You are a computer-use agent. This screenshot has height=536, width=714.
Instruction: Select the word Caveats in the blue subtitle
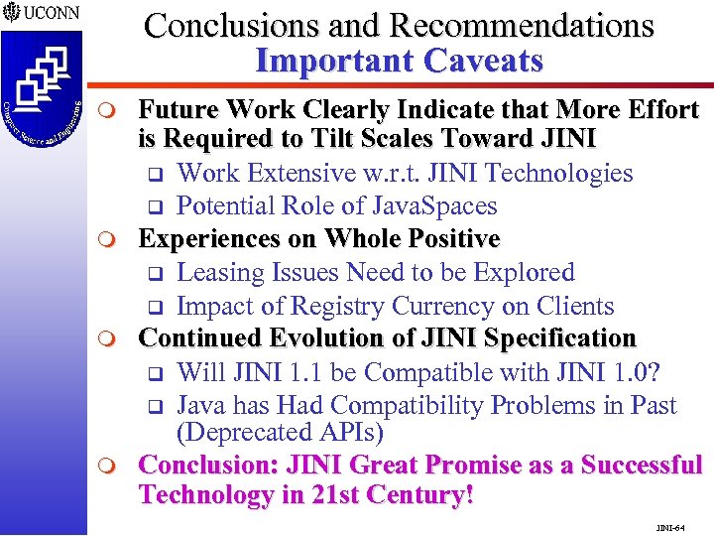(484, 61)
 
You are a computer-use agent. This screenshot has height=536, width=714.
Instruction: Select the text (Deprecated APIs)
(280, 434)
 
